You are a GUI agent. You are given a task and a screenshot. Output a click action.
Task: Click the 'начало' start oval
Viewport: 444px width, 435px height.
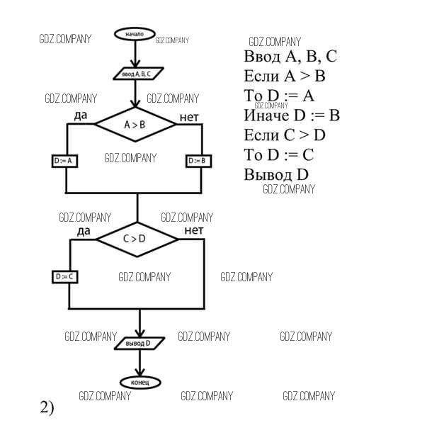pos(134,34)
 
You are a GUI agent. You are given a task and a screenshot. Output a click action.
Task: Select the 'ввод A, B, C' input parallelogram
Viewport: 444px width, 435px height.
pos(137,73)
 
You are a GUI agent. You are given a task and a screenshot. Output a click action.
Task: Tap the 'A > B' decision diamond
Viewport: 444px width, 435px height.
pos(135,125)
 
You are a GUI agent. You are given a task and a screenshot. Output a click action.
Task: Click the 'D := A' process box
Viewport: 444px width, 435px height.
pos(65,161)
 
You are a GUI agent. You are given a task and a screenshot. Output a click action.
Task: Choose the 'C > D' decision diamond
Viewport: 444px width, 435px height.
pos(137,239)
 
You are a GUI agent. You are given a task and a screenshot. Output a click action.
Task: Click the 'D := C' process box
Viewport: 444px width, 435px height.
pos(64,277)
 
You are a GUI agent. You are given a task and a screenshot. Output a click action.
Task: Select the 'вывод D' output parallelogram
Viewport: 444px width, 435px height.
pos(139,343)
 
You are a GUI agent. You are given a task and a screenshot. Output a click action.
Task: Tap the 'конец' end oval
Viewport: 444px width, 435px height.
pos(140,383)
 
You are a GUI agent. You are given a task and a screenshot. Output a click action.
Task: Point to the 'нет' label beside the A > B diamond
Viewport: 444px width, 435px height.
pos(189,116)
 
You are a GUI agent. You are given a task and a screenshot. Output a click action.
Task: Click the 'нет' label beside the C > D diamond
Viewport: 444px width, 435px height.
pos(194,230)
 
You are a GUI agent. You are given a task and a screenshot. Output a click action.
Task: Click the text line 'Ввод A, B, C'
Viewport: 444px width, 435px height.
pos(290,57)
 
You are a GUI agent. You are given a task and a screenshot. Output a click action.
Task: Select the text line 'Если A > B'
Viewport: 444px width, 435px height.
pos(285,76)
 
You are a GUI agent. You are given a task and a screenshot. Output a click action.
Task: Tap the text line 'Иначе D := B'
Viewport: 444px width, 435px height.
pos(292,115)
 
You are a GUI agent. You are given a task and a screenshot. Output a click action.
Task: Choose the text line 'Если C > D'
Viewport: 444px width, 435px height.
pos(284,135)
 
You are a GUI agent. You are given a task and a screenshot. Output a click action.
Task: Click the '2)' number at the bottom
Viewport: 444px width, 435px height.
pos(47,407)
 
